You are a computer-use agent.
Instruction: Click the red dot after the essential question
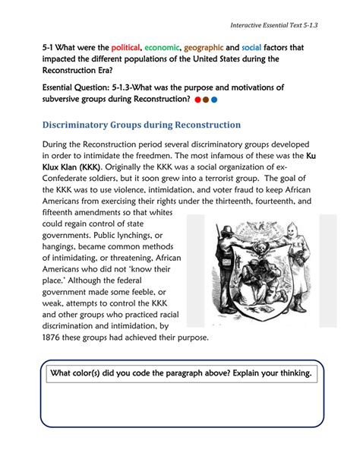tap(197, 99)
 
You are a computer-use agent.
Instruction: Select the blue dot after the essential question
tap(214, 99)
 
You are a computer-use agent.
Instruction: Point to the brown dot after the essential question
tap(206, 99)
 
